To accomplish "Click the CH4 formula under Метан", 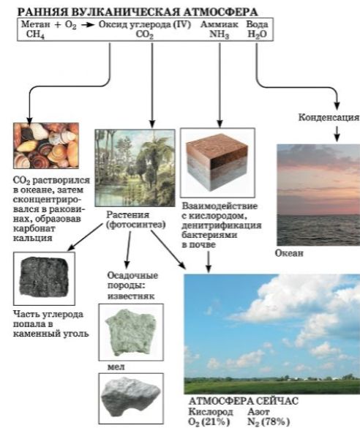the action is (35, 35).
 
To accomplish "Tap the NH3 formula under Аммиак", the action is (220, 34).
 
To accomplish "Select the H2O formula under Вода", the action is (258, 34).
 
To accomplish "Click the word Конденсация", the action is (329, 117).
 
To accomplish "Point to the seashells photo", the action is (46, 146).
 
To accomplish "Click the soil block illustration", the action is (217, 162).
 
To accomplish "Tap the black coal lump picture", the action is (44, 278).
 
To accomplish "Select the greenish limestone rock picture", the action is (131, 332).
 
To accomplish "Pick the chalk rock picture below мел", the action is (131, 398).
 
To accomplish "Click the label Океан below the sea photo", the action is (289, 253).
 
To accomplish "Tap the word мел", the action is (116, 367).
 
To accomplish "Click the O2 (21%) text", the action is (209, 421).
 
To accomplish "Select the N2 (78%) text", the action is (269, 421).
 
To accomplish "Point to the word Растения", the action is (128, 214).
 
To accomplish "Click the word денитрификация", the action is (222, 225).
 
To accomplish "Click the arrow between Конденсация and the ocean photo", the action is (337, 134).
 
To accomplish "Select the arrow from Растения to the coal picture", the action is (85, 237).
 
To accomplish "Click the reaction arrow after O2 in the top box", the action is (88, 25).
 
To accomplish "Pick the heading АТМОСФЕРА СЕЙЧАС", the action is (244, 401).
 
